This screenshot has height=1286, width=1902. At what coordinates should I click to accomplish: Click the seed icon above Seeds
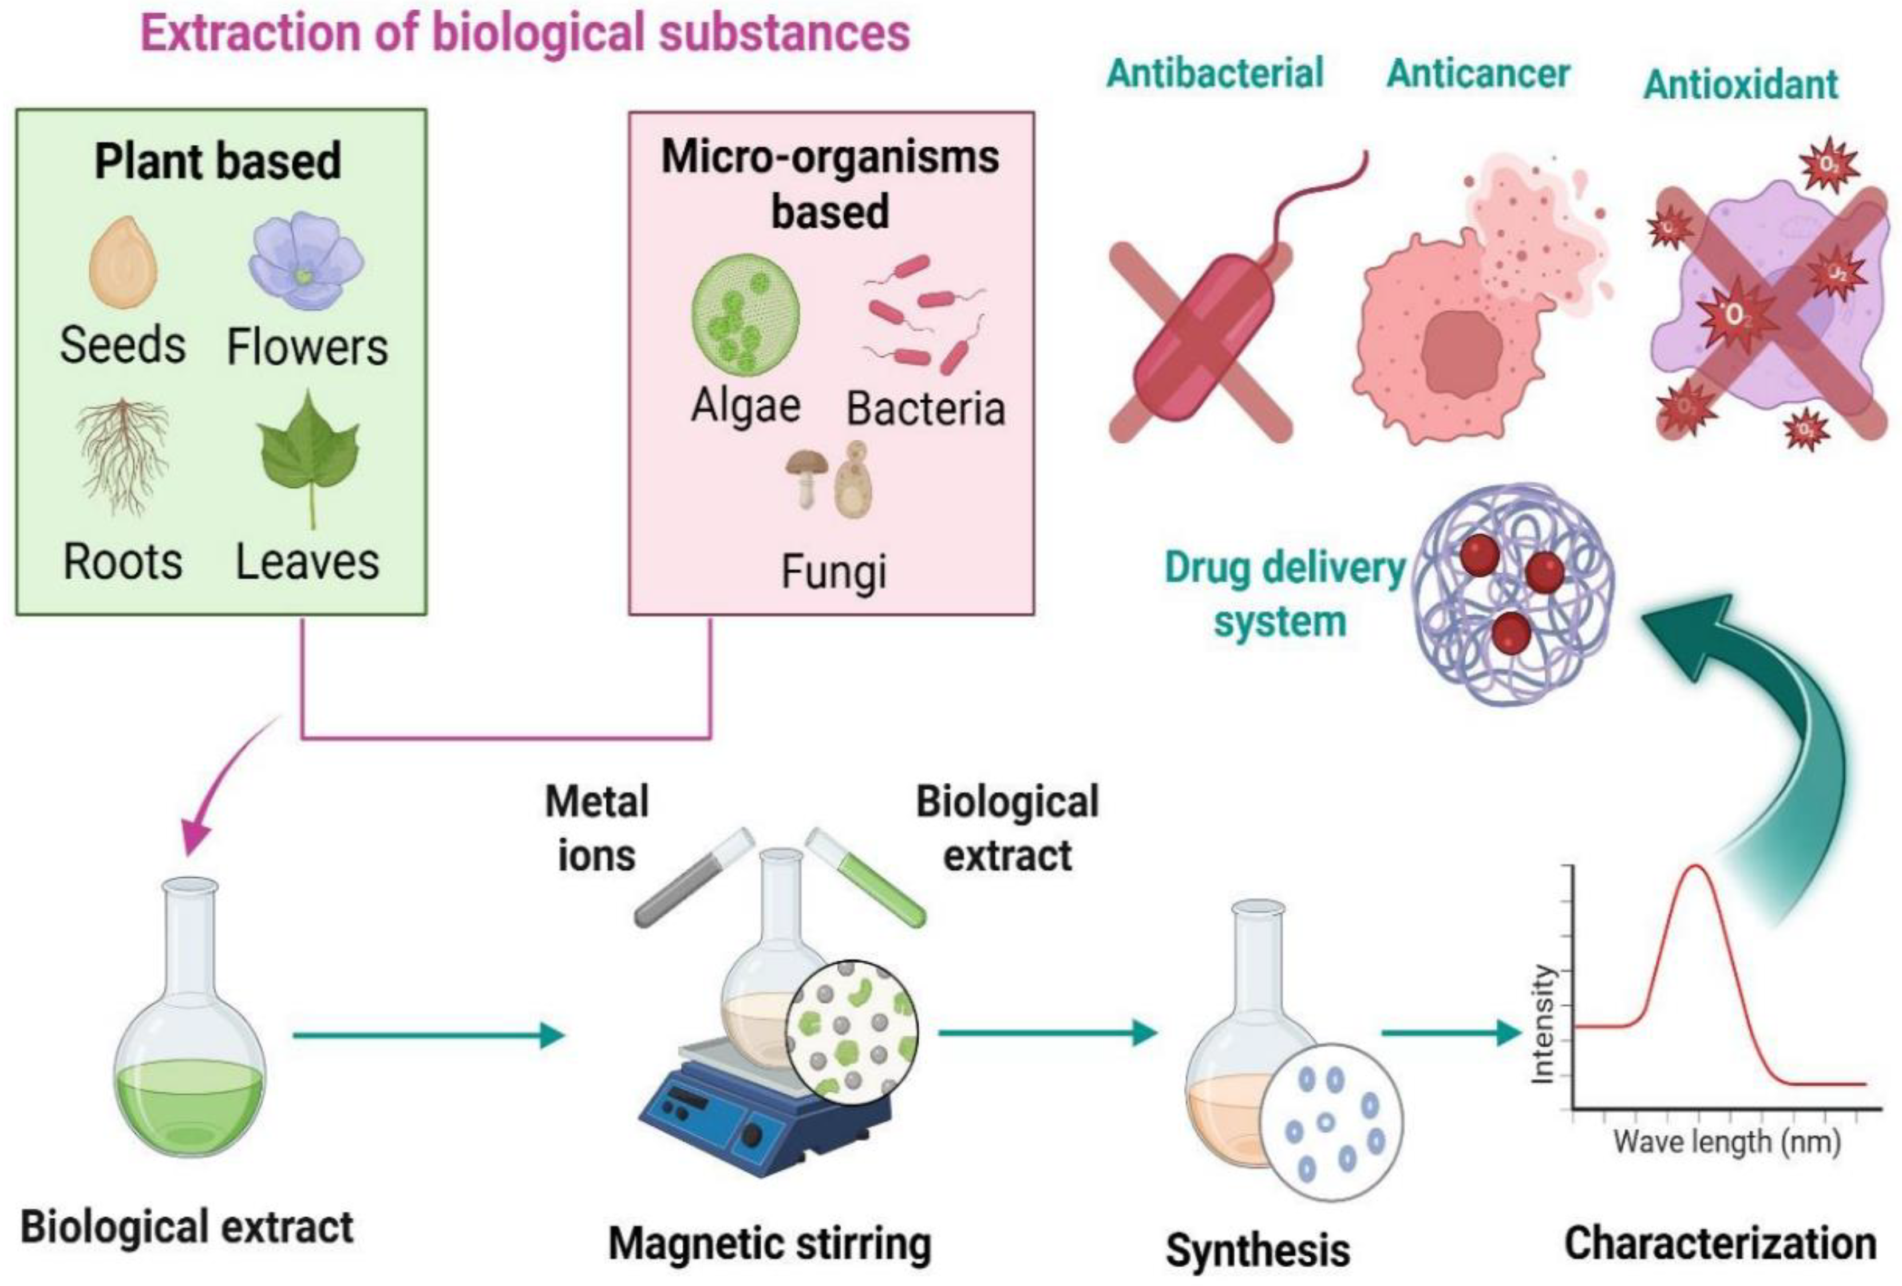click(x=122, y=262)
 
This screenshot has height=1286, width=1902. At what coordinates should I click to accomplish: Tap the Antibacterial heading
click(x=1215, y=73)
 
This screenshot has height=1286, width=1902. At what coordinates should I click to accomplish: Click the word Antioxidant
click(x=1741, y=84)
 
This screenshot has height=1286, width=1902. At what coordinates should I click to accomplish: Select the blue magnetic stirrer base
click(x=761, y=1122)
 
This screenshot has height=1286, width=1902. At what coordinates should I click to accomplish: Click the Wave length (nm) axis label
click(x=1727, y=1141)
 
